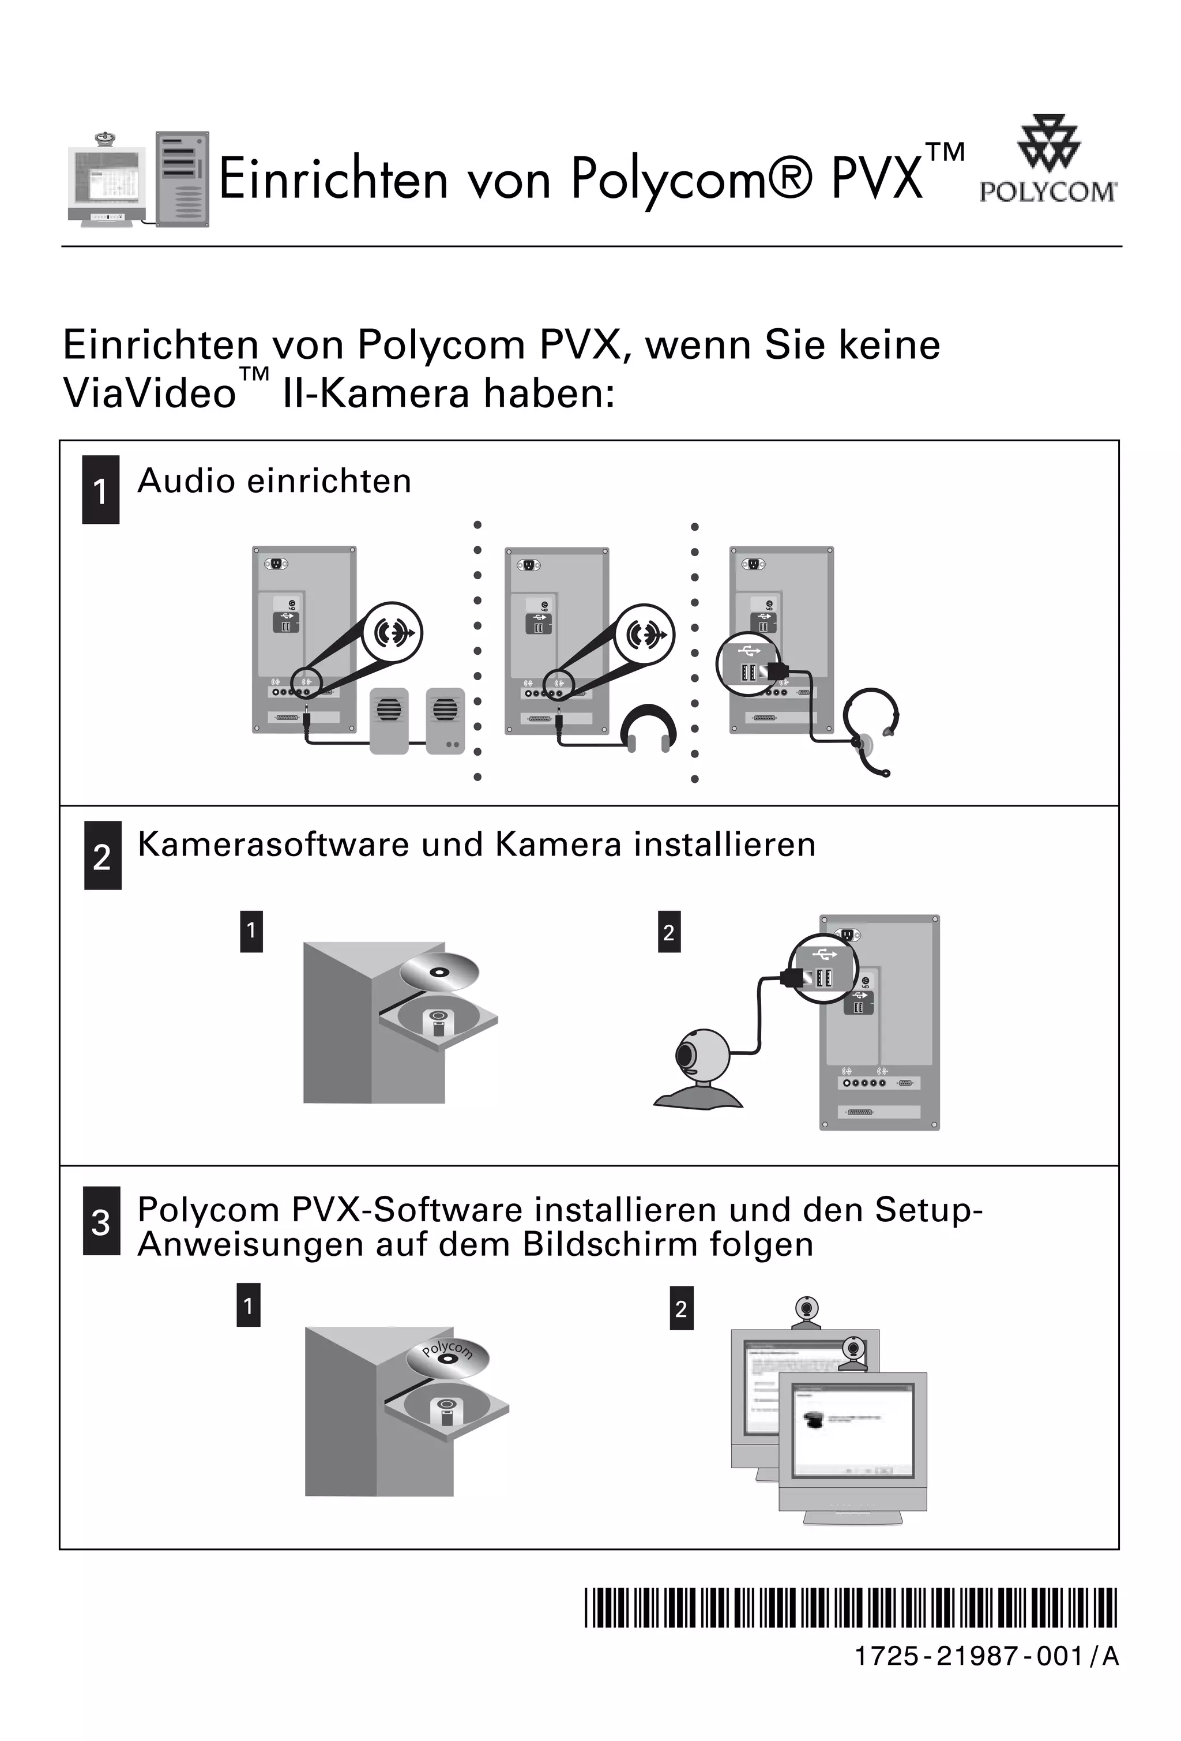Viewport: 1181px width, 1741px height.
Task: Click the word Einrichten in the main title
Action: (332, 180)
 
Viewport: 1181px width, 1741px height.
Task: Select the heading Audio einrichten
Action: (274, 481)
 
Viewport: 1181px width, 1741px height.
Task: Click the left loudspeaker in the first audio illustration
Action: (389, 720)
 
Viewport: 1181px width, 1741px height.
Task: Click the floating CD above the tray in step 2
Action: (439, 973)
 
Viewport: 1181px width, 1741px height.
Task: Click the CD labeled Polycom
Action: (448, 1356)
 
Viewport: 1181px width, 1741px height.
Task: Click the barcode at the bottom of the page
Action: (850, 1608)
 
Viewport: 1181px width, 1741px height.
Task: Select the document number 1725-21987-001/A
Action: (986, 1656)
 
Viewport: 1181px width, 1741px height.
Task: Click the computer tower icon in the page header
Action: (182, 180)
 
